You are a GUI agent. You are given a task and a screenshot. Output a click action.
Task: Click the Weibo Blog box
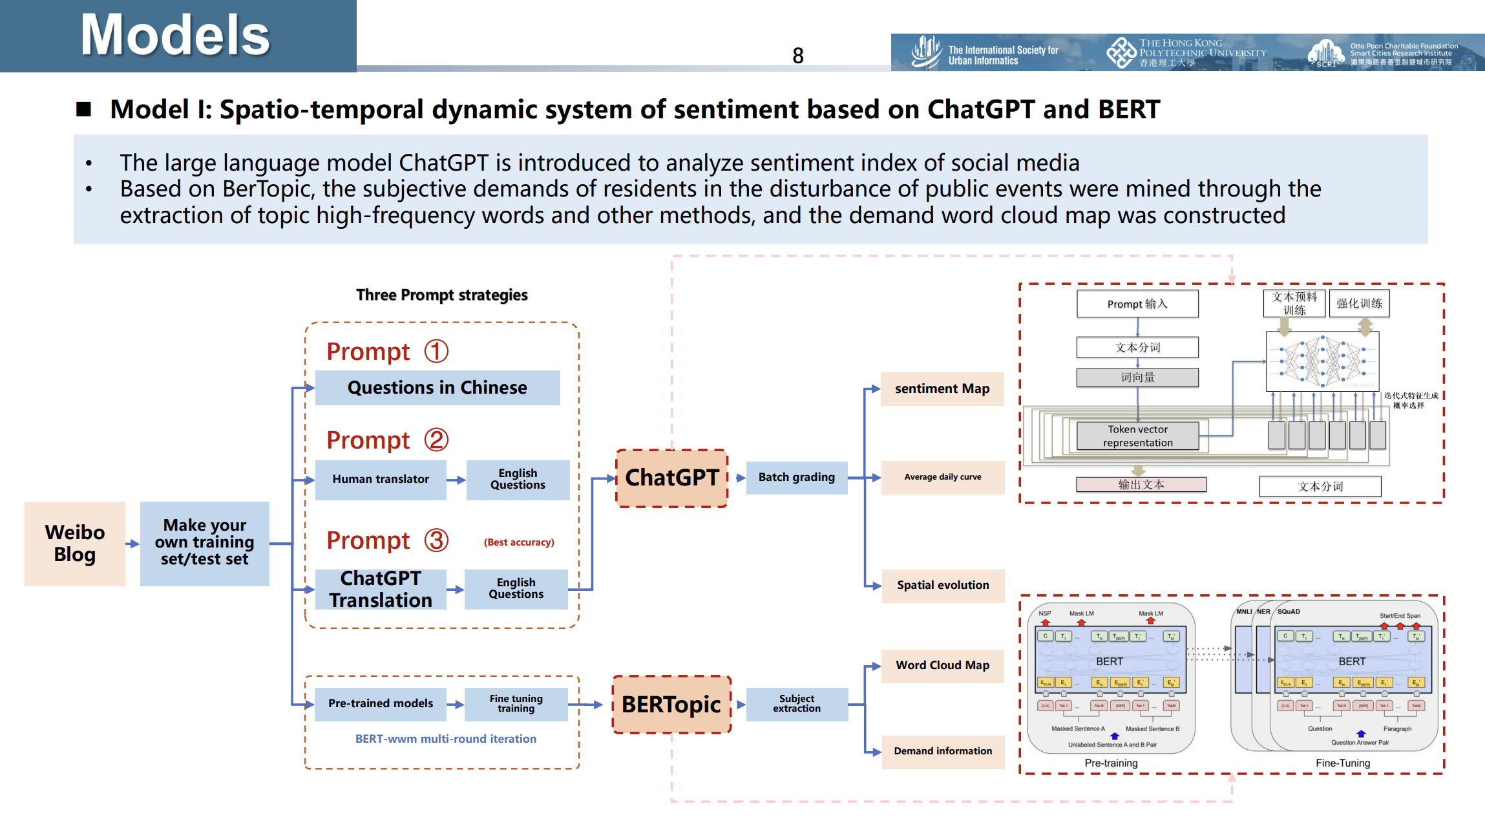pos(75,544)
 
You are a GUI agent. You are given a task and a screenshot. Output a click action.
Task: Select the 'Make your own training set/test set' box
pos(204,544)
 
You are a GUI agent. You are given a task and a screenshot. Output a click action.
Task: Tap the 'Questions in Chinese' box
pos(437,388)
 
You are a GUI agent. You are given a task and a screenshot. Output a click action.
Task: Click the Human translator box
pos(381,480)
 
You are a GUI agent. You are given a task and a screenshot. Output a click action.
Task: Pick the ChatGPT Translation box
pos(381,589)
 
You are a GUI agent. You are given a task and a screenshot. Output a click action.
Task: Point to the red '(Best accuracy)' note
pos(519,542)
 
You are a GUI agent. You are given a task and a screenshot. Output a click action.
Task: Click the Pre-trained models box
pos(380,703)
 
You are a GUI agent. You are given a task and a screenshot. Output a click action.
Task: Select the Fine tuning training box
pos(516,703)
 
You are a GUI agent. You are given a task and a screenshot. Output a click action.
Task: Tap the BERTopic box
pos(671,705)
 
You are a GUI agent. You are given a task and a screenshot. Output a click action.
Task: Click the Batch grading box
pos(796,478)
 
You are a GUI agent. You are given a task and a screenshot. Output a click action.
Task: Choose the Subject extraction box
pos(796,704)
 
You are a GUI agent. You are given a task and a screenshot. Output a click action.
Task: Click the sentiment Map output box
pos(942,389)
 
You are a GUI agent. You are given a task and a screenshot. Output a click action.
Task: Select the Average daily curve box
pos(942,478)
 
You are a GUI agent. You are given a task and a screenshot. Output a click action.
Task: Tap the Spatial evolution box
pos(942,586)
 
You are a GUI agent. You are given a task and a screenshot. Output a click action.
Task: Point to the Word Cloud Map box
pos(942,666)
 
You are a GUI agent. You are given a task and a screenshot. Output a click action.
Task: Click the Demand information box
pos(942,752)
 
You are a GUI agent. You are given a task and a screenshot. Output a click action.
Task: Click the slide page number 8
pos(798,56)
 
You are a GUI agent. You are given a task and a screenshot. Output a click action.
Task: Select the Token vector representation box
pos(1137,436)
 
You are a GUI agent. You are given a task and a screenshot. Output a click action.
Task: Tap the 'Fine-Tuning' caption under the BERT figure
pos(1342,763)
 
